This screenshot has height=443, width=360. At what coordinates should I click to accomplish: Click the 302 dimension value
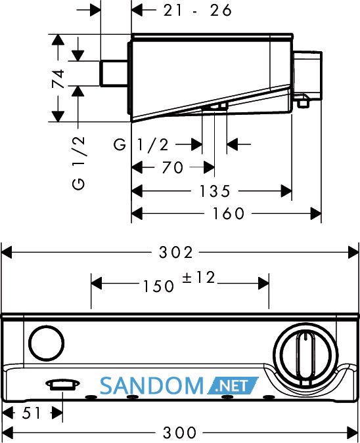(175, 252)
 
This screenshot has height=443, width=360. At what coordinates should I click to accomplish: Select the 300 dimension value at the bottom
(179, 432)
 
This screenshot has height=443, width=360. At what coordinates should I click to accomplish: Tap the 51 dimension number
(32, 413)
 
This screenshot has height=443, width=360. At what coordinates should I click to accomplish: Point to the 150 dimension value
(158, 286)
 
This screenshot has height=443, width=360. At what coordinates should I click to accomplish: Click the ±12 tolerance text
(198, 278)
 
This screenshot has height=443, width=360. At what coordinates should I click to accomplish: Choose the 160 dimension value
(228, 213)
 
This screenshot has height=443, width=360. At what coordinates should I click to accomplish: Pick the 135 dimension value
(215, 191)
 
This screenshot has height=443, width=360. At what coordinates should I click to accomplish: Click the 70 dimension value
(173, 167)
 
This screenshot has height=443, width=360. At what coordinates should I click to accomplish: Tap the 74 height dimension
(58, 79)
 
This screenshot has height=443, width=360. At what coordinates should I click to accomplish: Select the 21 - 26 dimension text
(197, 11)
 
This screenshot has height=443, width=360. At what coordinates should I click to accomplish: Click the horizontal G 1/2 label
(141, 145)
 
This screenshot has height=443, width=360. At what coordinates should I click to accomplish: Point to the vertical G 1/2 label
(78, 163)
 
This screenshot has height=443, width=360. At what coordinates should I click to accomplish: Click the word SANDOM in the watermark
(152, 386)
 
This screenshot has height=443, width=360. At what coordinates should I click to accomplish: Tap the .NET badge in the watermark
(233, 386)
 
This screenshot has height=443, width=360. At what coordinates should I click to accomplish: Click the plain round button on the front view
(46, 343)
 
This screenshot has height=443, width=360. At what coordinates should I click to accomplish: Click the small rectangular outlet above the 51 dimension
(63, 385)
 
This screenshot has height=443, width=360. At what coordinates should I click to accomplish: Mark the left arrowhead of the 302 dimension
(7, 252)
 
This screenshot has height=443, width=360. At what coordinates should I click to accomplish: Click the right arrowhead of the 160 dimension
(316, 213)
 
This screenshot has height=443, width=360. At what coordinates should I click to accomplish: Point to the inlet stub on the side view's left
(114, 73)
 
